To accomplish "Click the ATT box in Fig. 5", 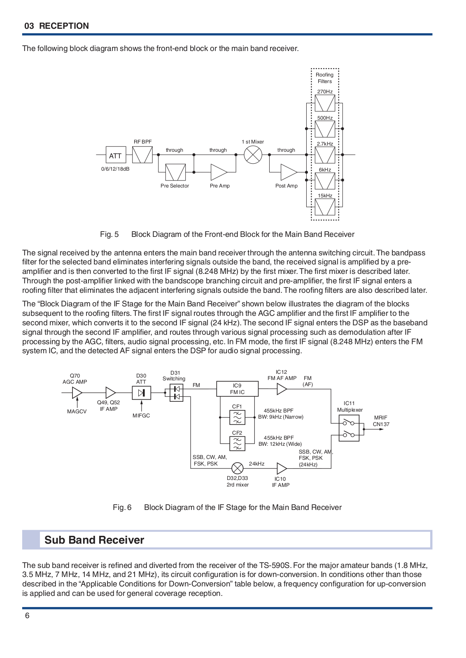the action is point(116,155).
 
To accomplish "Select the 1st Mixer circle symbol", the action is point(253,155).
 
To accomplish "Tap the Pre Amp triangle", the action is point(219,172).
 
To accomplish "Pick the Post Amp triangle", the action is point(289,172).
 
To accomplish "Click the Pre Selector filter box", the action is point(175,172).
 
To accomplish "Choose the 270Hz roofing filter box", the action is point(325,103).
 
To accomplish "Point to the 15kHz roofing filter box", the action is point(325,207).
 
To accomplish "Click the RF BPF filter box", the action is point(142,155).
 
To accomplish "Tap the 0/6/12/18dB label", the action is point(115,169).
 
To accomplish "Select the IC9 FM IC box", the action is point(237,389).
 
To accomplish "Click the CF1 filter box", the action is point(237,417).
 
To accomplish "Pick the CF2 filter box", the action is point(237,444).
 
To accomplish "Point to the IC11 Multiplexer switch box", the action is point(349,428).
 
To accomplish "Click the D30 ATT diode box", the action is point(142,393).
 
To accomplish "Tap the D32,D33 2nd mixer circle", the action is point(238,468).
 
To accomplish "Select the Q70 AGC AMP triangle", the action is point(77,392).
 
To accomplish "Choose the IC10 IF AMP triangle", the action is point(282,468).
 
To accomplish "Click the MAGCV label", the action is point(77,412).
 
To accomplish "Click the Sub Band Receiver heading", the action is point(94,540).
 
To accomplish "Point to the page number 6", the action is point(27,616).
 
